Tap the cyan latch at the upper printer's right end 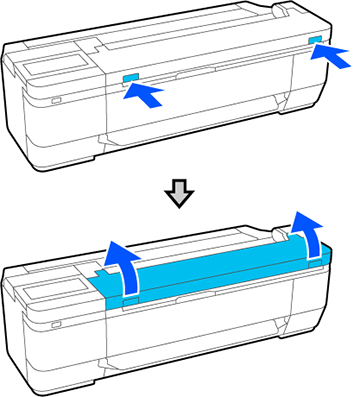tap(316, 39)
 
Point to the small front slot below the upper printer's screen tap(54, 100)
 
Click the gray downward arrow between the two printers tap(178, 196)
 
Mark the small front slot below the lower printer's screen tap(54, 326)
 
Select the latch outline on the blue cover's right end tap(316, 259)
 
